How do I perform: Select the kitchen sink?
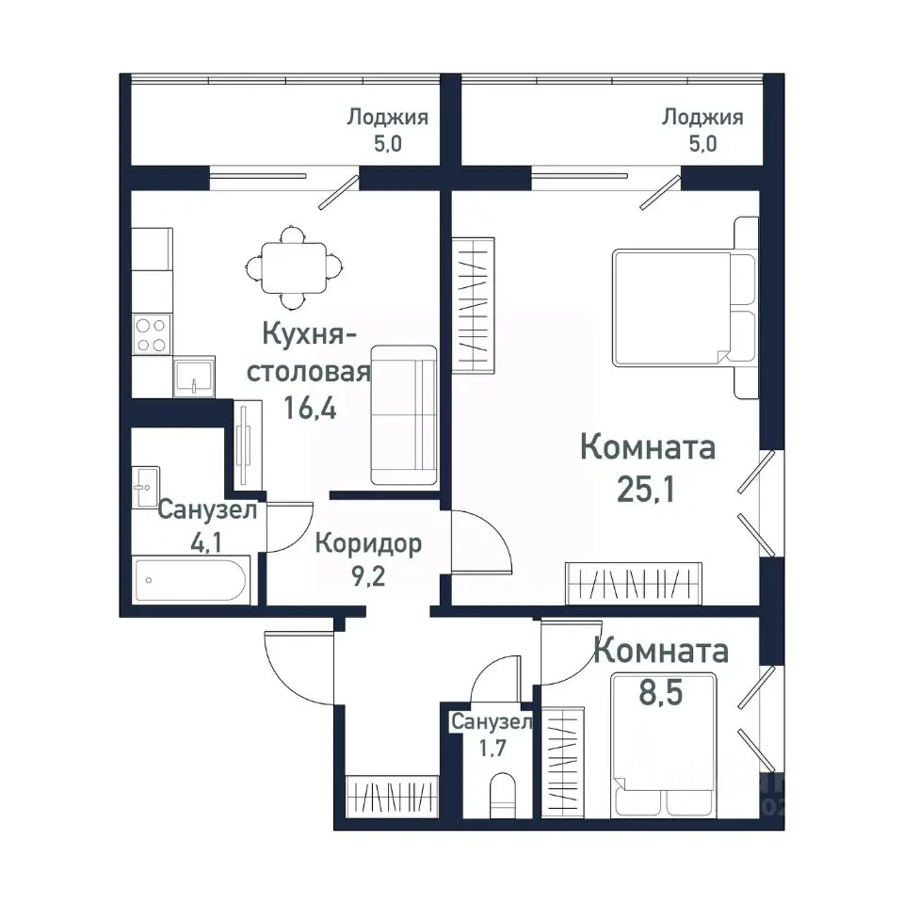click(193, 377)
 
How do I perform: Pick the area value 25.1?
click(647, 490)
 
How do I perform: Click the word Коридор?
click(368, 543)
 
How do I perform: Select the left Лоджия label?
click(388, 118)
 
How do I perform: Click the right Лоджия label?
click(702, 118)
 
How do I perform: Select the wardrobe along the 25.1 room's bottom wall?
click(633, 583)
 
